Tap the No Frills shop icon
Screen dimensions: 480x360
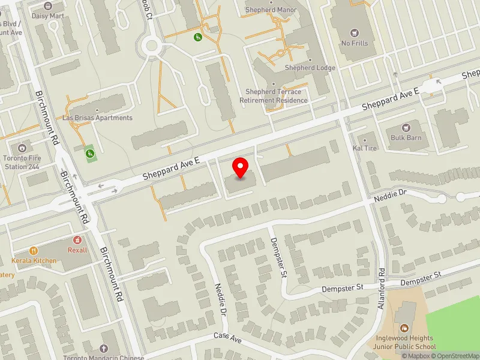click(353, 31)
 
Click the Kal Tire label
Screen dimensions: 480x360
click(365, 148)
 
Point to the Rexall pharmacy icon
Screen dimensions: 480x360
click(77, 240)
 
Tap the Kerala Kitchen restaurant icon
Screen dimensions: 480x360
click(34, 251)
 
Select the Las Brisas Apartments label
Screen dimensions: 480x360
click(97, 118)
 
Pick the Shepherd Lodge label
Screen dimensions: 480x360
click(310, 68)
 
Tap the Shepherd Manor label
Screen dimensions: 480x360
click(271, 10)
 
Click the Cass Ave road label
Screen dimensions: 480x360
click(227, 338)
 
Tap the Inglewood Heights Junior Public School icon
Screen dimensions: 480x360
click(404, 328)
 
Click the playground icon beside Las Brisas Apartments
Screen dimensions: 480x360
click(90, 154)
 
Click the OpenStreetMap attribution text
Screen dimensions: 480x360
click(455, 355)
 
